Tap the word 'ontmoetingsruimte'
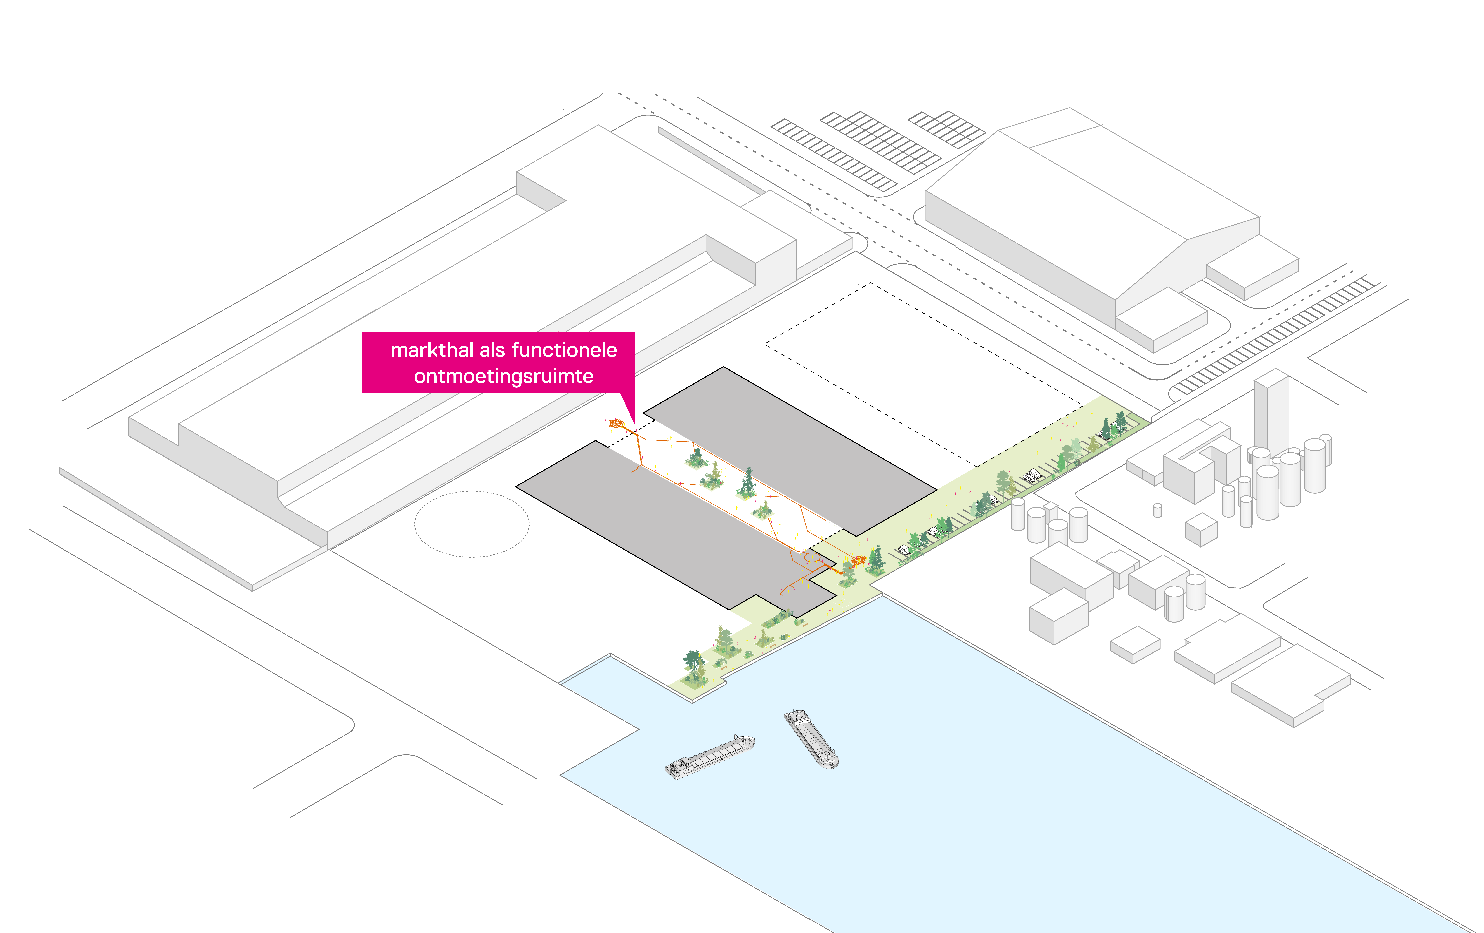(x=504, y=376)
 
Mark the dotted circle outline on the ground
(x=471, y=524)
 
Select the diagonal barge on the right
(x=811, y=738)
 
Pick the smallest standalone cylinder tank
(x=1157, y=510)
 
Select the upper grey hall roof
(x=789, y=450)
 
